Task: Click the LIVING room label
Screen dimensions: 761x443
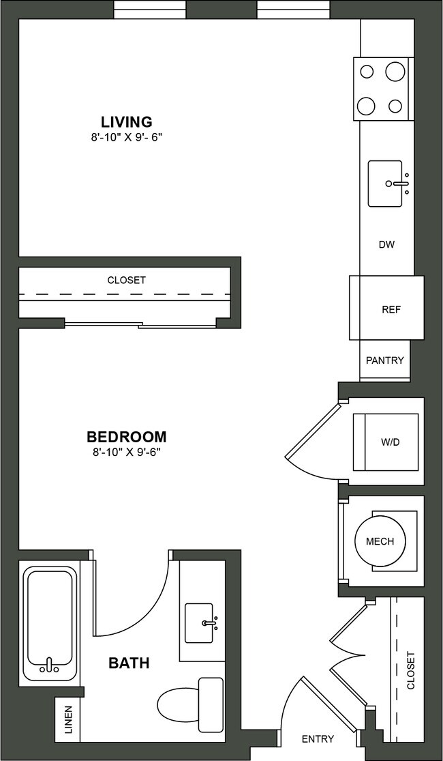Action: point(127,122)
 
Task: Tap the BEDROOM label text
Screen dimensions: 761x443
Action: point(127,437)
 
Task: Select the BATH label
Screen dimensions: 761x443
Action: point(129,662)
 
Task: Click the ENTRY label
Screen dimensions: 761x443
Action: point(318,738)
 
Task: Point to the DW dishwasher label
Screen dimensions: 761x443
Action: point(386,244)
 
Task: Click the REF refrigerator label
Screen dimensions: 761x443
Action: point(391,309)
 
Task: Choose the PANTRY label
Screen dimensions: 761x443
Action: point(385,360)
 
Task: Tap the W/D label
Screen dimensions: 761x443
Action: point(391,442)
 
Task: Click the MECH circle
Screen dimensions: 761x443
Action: point(380,542)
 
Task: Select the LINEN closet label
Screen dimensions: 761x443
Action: point(68,720)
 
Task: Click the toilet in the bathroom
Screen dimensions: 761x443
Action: point(189,703)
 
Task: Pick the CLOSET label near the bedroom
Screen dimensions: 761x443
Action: point(127,280)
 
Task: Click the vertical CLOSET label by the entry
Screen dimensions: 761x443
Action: point(410,670)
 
